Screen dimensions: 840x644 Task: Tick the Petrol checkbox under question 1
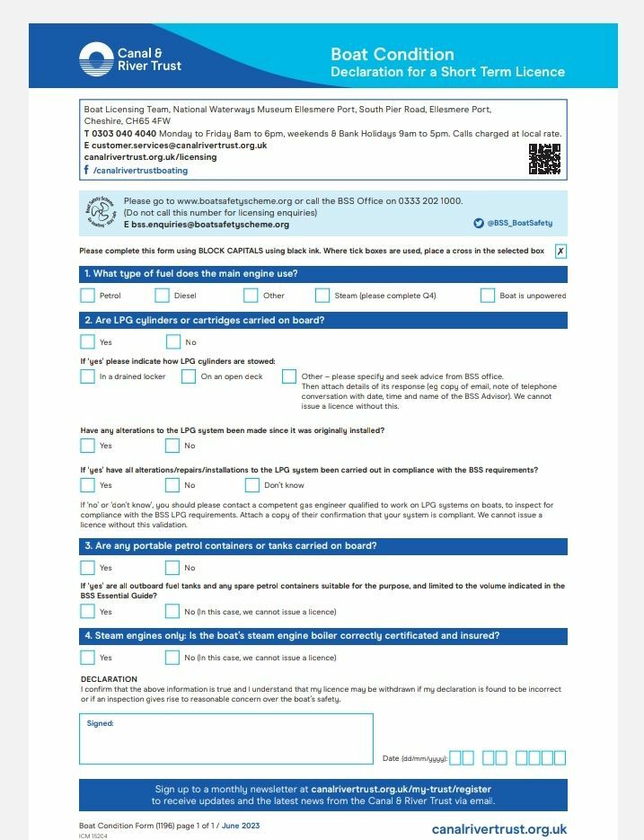click(x=87, y=295)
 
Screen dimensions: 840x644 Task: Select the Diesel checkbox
click(x=162, y=295)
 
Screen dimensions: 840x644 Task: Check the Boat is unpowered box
click(x=488, y=295)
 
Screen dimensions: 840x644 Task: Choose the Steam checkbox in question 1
click(x=322, y=295)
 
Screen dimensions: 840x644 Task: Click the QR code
click(x=544, y=159)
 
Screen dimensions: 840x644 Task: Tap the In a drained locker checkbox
click(x=87, y=376)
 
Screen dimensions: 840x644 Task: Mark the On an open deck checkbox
click(x=189, y=376)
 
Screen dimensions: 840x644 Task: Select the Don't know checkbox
click(x=252, y=485)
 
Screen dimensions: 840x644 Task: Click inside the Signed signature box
click(x=225, y=739)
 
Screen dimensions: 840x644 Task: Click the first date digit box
click(x=455, y=757)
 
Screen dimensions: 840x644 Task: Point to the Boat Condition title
click(x=393, y=54)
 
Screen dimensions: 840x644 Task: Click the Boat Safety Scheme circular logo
click(x=101, y=213)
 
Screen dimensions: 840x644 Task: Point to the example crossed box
click(x=560, y=252)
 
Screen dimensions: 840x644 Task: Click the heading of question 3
click(x=230, y=546)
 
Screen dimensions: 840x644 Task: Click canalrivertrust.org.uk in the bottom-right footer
click(x=498, y=829)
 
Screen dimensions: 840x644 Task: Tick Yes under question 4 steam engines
click(x=87, y=658)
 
